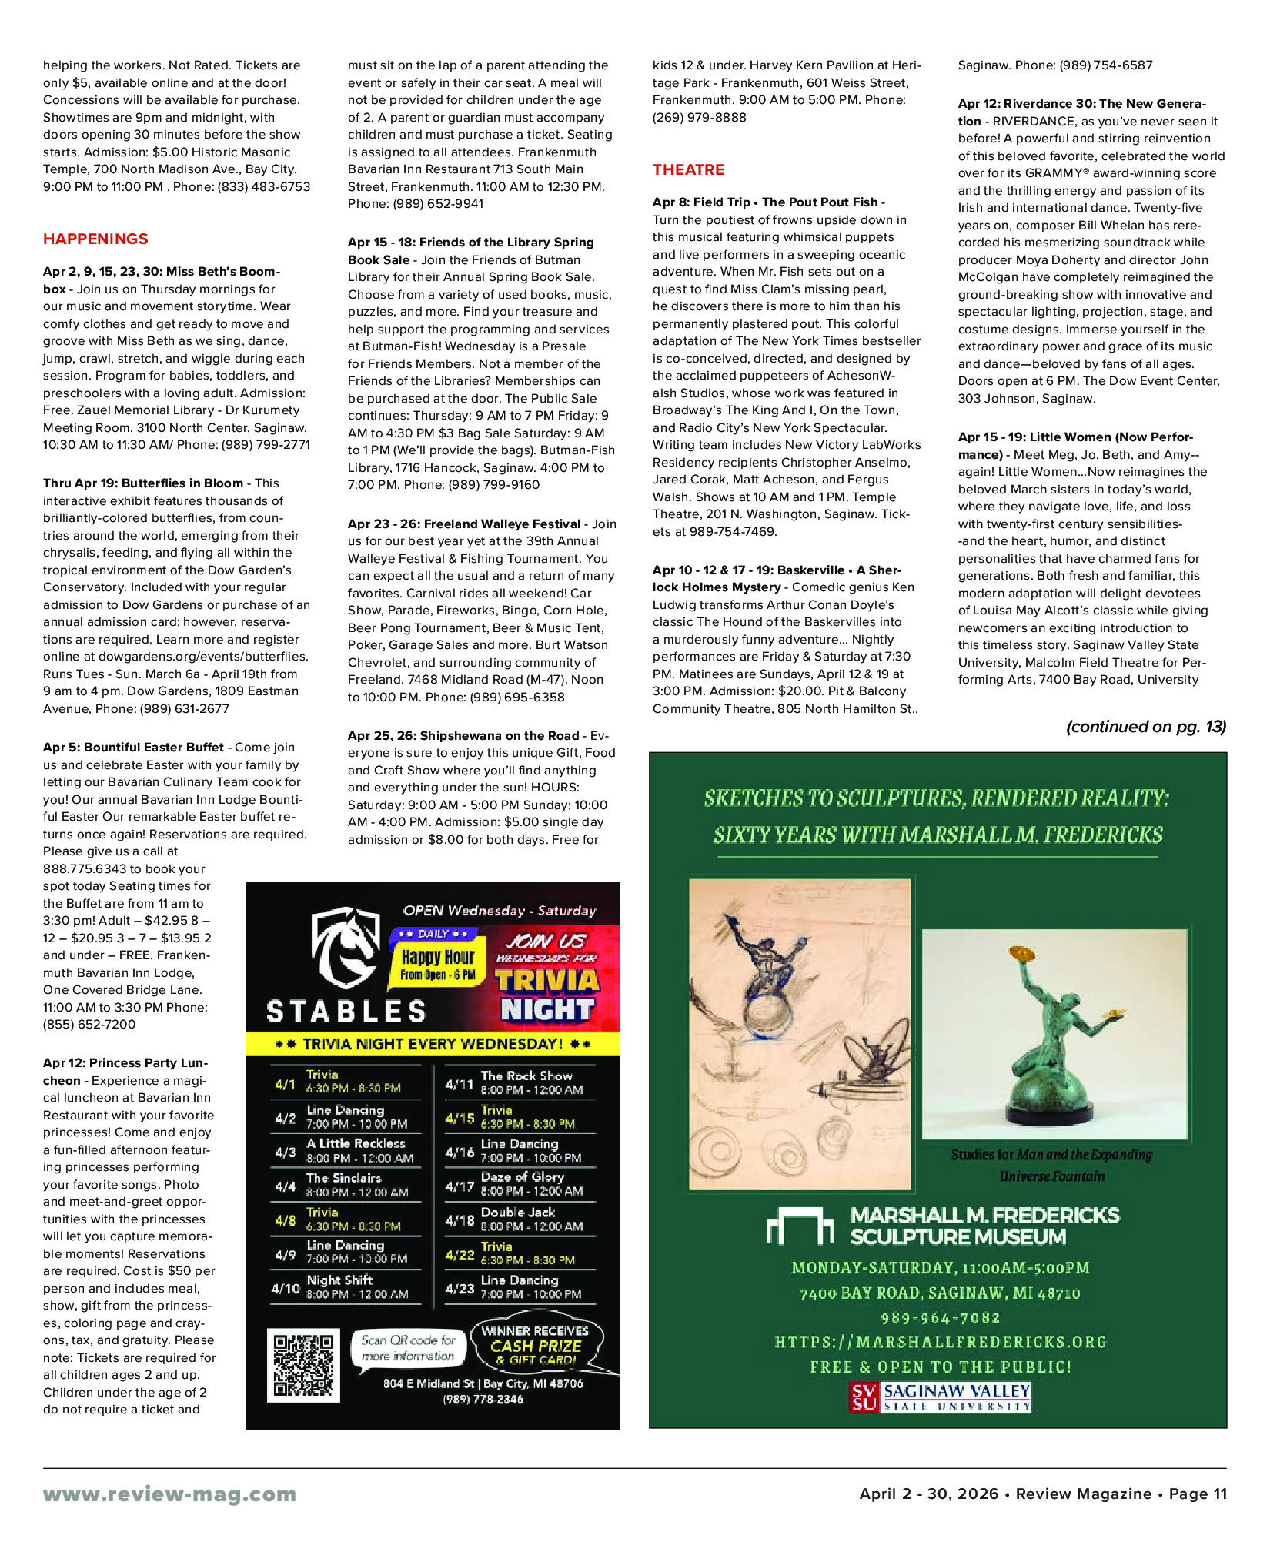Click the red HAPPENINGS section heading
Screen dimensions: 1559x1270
[x=95, y=239]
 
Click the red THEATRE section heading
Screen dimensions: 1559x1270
[x=688, y=170]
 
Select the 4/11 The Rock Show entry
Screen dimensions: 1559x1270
[x=520, y=1082]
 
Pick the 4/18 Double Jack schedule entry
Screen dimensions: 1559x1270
[x=520, y=1219]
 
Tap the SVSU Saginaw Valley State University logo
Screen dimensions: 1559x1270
[x=940, y=1397]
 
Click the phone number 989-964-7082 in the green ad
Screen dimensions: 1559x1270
[x=940, y=1318]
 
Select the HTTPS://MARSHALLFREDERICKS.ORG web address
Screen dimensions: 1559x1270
[x=940, y=1342]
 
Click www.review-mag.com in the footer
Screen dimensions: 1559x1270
[x=169, y=1494]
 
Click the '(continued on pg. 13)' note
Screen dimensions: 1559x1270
[x=1145, y=727]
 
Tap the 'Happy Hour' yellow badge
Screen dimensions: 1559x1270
[x=437, y=963]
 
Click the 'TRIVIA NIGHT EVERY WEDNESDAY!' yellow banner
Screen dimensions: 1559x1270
[x=433, y=1044]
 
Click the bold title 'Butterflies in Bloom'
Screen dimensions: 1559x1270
[x=182, y=483]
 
